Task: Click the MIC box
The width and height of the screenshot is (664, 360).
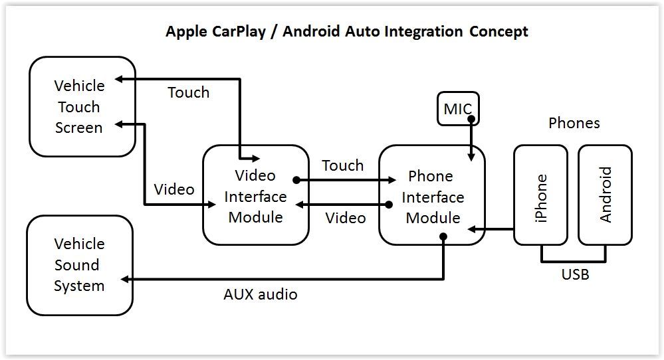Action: point(457,109)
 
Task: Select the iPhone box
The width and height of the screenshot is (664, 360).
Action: point(540,197)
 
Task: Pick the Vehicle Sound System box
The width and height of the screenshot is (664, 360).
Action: point(79,265)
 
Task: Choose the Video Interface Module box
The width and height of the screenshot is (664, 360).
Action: point(255,196)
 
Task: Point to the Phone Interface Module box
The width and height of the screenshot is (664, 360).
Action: point(432,197)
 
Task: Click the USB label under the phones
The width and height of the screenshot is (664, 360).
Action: point(575,274)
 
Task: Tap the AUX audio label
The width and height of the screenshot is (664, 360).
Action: point(260,294)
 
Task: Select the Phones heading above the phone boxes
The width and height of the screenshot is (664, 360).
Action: point(574,123)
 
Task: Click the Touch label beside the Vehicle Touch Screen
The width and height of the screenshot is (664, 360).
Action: point(188,92)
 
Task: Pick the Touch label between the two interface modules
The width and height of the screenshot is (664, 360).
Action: point(342,165)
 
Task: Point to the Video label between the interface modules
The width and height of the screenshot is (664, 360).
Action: point(345,218)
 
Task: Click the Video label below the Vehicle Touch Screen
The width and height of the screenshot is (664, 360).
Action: point(174,189)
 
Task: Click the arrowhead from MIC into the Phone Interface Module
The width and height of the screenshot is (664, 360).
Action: point(471,157)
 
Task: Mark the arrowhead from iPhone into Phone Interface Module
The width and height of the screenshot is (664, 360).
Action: point(472,229)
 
